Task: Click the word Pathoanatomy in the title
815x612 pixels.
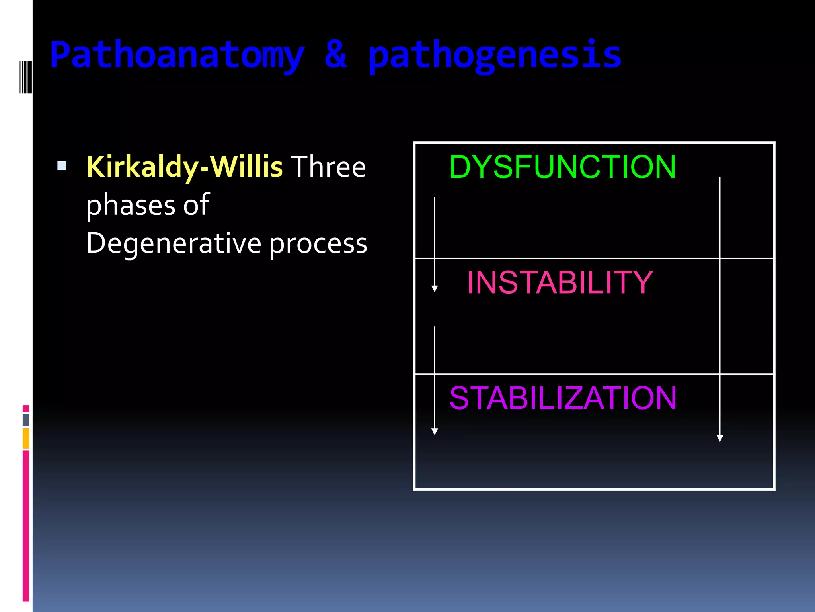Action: coord(177,56)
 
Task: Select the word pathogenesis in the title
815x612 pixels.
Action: coord(495,56)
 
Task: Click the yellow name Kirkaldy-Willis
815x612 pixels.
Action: coord(184,167)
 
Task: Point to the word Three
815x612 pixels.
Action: coord(328,167)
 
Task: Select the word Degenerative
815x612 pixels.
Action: coord(174,243)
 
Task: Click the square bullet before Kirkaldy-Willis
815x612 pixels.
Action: coord(62,166)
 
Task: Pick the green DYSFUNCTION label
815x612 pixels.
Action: coord(562,167)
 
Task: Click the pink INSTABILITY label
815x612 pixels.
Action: coord(560,282)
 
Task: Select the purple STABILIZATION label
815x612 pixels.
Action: coord(562,398)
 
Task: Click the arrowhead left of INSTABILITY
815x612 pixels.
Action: coord(435,288)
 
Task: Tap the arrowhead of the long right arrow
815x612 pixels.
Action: coord(719,438)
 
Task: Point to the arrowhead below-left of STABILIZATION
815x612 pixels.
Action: coord(435,432)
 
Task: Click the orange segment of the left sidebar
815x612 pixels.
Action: coord(26,438)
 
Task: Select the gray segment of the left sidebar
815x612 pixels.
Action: coord(26,420)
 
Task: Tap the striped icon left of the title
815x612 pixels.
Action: coord(25,76)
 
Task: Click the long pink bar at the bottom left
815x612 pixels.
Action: coord(26,526)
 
